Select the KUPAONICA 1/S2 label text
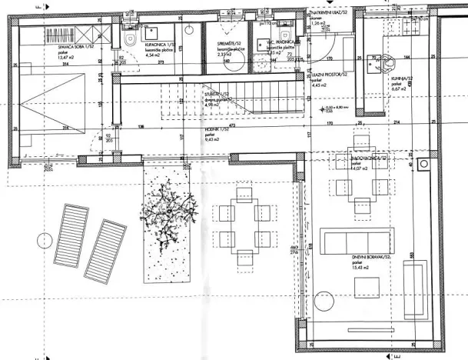click(162, 47)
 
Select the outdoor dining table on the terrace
click(244, 226)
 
